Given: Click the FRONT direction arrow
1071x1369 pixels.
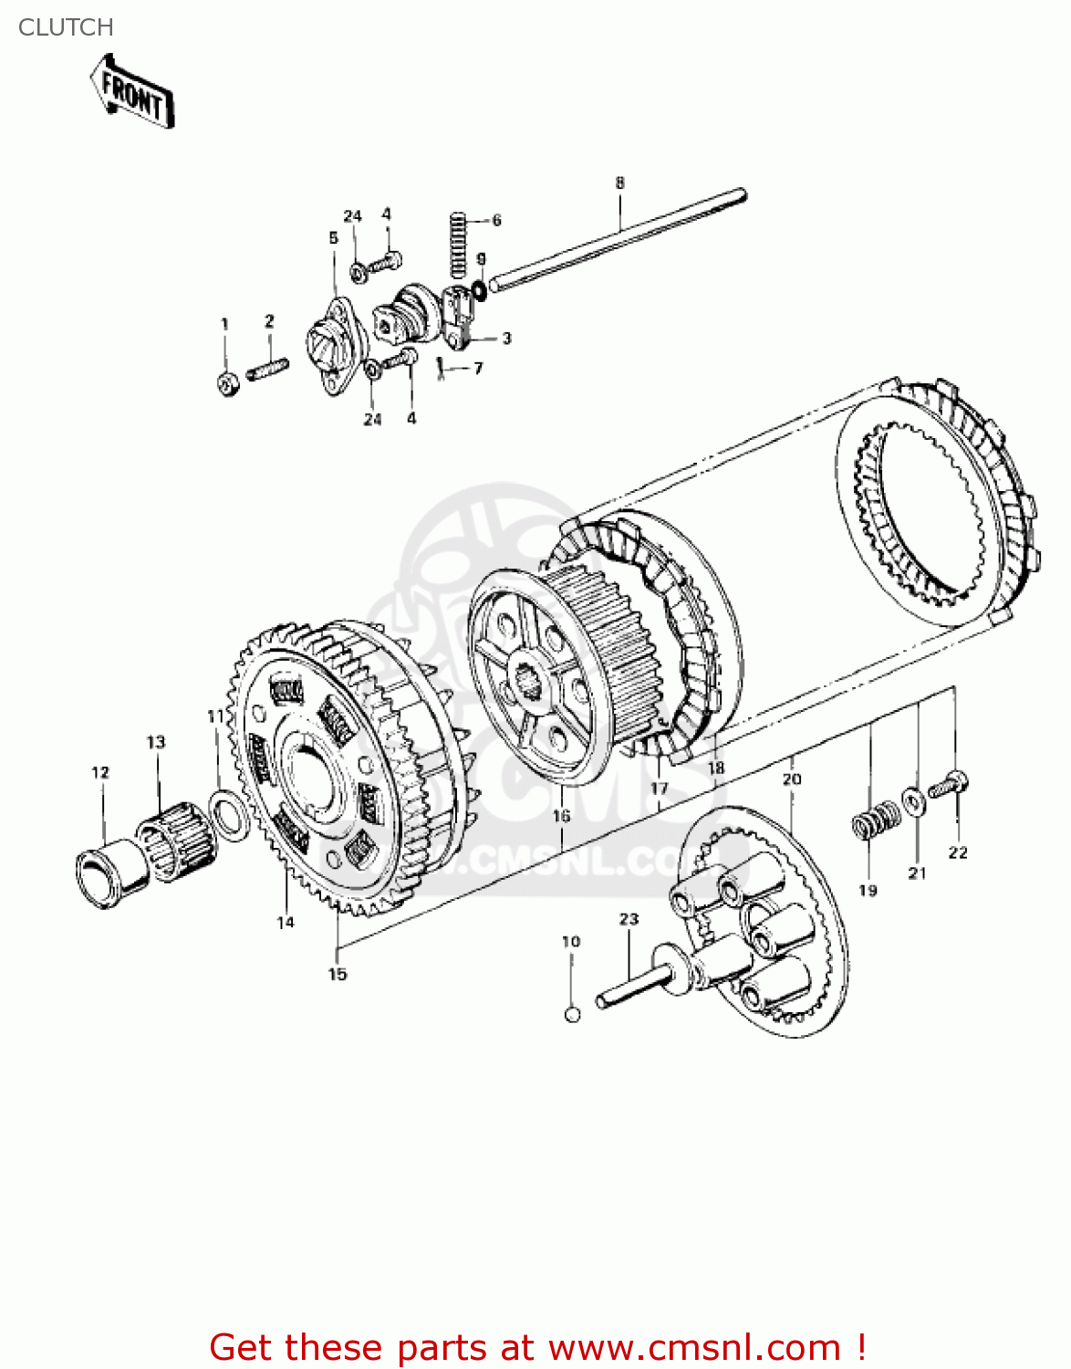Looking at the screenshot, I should pos(132,91).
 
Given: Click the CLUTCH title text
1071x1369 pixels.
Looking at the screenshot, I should pos(66,27).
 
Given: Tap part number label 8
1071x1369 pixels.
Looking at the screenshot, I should pos(619,183).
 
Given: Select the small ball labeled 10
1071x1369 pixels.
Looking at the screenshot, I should pos(572,1014).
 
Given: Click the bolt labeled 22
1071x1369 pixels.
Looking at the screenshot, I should pos(950,785).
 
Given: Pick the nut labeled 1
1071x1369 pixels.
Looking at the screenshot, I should pos(228,383).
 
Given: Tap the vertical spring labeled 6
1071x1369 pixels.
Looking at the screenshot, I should pos(459,244).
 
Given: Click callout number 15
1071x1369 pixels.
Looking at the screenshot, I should pos(338,974).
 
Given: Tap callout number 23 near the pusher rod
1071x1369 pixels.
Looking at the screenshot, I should pos(629,919).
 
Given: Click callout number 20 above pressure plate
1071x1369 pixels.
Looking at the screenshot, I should pos(791,779).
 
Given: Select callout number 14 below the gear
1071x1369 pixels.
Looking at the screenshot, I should pos(286,923).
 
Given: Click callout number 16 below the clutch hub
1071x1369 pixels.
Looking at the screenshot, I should pos(561,816).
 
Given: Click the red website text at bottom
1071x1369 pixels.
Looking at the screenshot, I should pos(537,1347).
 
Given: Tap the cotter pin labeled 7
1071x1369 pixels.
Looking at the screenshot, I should pos(442,368).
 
